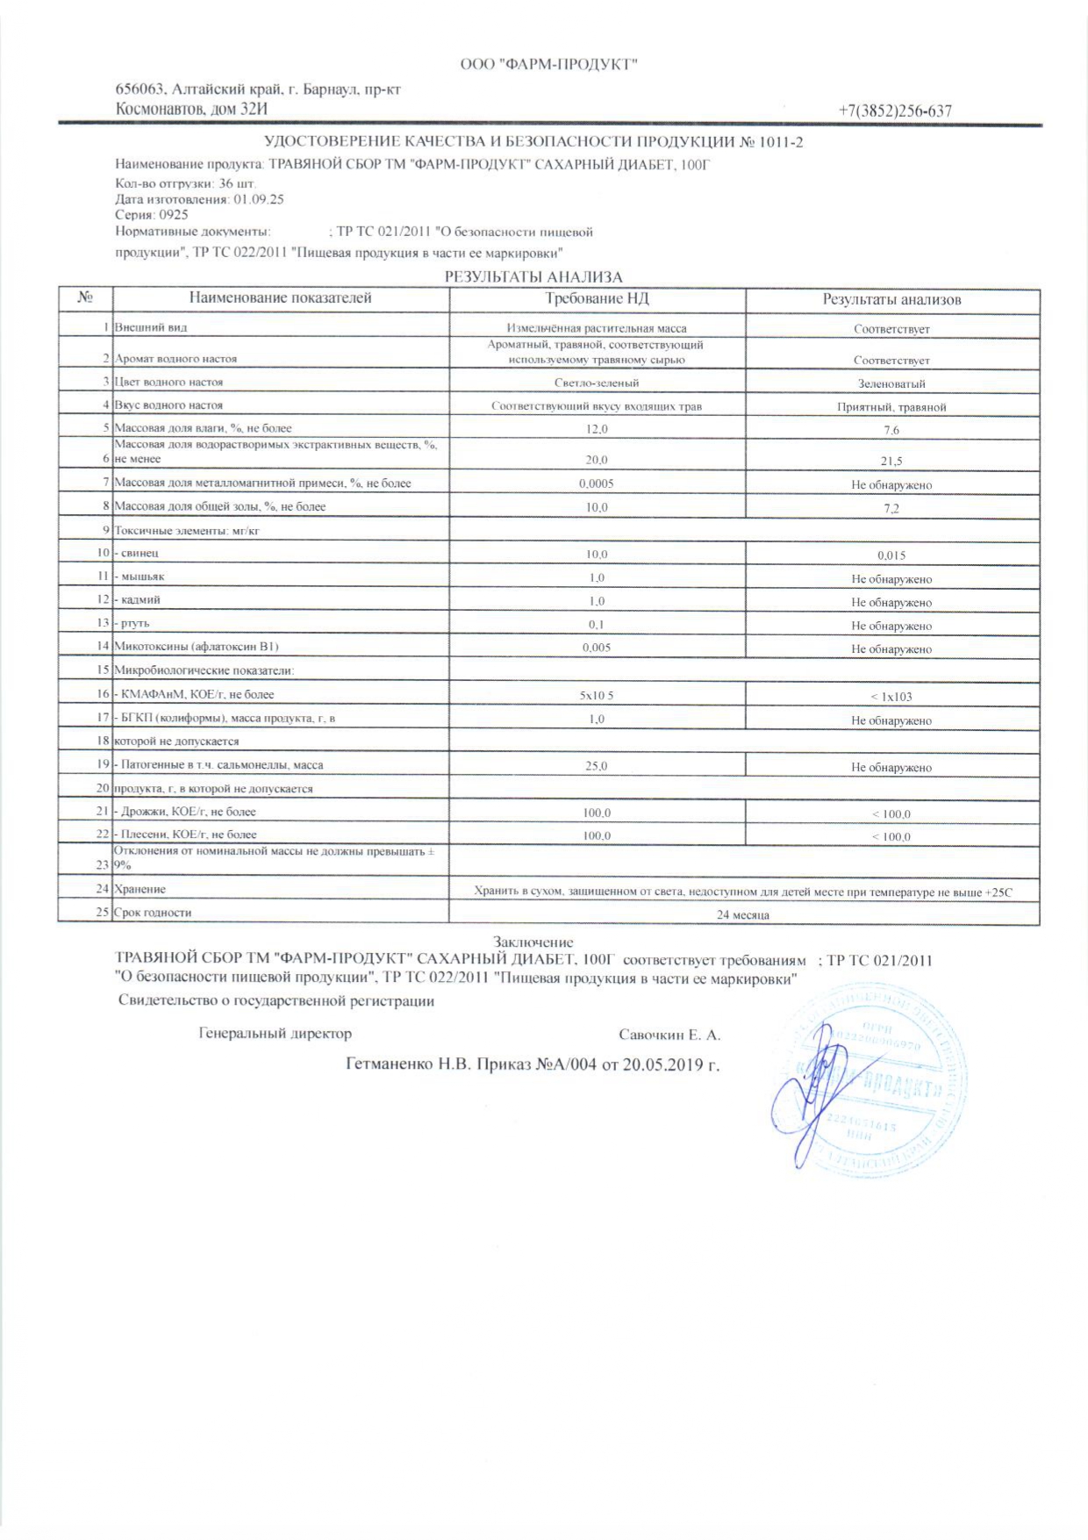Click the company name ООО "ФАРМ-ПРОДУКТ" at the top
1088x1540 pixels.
[548, 64]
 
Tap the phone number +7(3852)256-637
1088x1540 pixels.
[894, 111]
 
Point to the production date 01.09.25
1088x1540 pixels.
[259, 199]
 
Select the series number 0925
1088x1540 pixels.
[173, 214]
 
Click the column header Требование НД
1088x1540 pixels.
[597, 298]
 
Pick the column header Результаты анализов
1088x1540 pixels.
[891, 299]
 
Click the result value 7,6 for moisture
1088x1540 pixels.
[891, 430]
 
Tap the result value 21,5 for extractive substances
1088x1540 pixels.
[891, 461]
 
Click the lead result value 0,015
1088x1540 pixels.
[891, 555]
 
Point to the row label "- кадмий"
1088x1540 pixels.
[139, 600]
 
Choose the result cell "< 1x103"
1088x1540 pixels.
[891, 697]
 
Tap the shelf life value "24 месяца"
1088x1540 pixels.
[743, 914]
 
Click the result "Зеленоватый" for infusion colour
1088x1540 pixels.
[891, 383]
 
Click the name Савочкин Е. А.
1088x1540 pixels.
[669, 1035]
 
